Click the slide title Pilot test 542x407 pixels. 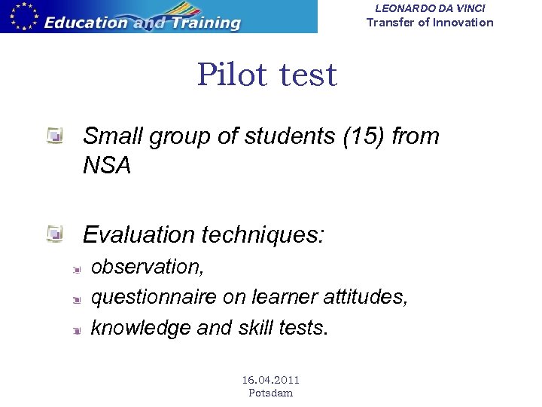[x=266, y=75]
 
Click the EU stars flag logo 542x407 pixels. [x=20, y=16]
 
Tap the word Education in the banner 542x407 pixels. [x=85, y=23]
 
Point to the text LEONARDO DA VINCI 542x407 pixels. [x=430, y=8]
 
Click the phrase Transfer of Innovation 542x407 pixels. [x=430, y=22]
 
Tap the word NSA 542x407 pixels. [x=107, y=166]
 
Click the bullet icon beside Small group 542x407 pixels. [x=54, y=136]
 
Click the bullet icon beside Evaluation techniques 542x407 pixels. [x=54, y=234]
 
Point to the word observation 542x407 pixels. [x=146, y=267]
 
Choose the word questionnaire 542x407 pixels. [x=154, y=298]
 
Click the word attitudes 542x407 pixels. [x=364, y=298]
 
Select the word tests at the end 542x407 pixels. [x=306, y=328]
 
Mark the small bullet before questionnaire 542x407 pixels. [x=76, y=299]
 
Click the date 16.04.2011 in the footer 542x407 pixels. [x=270, y=380]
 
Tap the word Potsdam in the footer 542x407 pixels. [x=270, y=393]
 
